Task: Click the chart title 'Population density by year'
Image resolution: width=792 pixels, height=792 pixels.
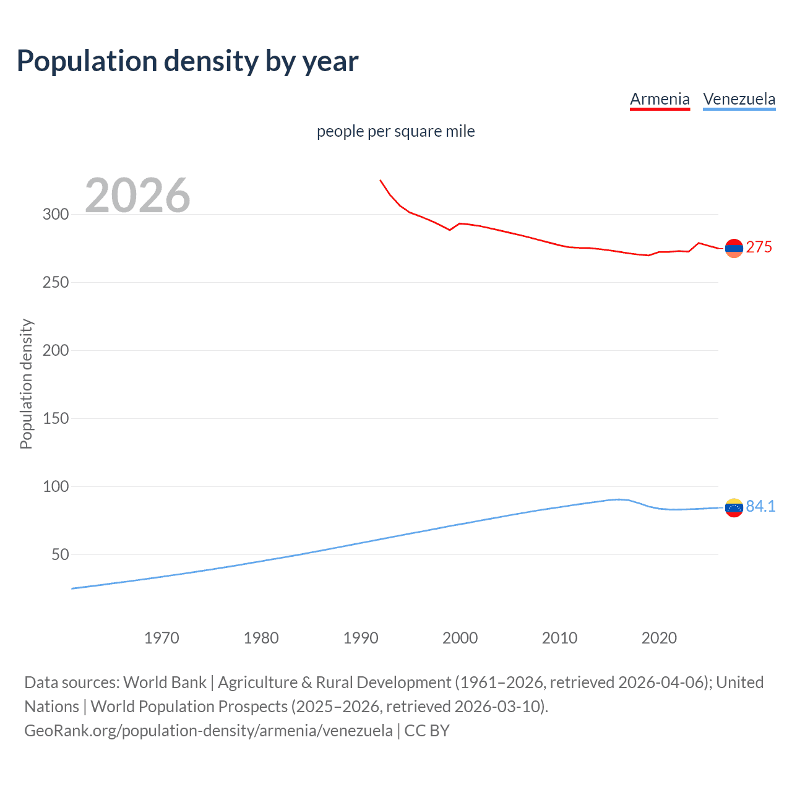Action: coord(187,61)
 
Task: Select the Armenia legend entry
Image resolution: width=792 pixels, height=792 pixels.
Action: coord(660,99)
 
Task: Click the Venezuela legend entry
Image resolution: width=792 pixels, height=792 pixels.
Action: coord(739,99)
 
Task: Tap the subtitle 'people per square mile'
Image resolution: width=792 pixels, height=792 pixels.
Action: coord(395,131)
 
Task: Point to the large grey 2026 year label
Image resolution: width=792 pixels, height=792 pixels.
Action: coord(137,196)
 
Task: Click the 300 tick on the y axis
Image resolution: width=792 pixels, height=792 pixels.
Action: coord(56,214)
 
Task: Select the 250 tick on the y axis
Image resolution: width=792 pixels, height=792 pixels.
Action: coord(56,282)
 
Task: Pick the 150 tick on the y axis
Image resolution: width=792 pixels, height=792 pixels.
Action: coord(56,418)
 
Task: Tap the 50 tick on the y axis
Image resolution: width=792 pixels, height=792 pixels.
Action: coord(60,554)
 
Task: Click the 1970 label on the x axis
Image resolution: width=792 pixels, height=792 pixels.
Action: coord(161,638)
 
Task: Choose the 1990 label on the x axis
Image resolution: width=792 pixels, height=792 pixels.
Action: coord(361,638)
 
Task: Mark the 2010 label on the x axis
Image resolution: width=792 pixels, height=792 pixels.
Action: coord(559,638)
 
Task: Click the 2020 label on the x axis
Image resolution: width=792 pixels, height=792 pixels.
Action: coord(659,638)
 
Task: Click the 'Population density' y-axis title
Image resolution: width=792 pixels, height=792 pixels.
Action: coord(26,384)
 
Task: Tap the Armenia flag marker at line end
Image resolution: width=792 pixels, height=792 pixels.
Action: coord(734,248)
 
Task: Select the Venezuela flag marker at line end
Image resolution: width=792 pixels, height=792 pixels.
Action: coord(734,507)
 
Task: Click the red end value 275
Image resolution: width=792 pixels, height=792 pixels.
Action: coord(759,247)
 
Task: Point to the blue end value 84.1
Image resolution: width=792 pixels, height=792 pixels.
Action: coord(760,506)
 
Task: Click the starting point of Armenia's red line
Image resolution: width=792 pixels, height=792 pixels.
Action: coord(380,180)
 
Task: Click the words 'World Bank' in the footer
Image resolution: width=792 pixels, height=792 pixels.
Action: coord(165,682)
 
